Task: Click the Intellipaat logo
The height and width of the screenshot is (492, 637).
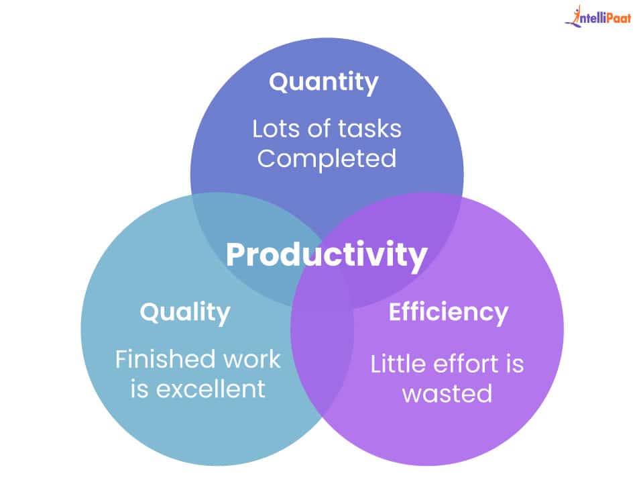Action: pyautogui.click(x=598, y=16)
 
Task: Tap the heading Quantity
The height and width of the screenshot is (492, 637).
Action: pyautogui.click(x=324, y=83)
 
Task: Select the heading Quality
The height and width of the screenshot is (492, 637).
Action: pyautogui.click(x=185, y=313)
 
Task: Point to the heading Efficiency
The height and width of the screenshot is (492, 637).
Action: pyautogui.click(x=449, y=312)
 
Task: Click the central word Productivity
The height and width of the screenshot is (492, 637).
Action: pyautogui.click(x=327, y=255)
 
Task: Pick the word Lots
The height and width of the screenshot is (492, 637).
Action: pyautogui.click(x=277, y=129)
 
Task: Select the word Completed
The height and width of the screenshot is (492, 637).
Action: pyautogui.click(x=327, y=159)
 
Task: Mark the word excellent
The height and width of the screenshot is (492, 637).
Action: pyautogui.click(x=211, y=389)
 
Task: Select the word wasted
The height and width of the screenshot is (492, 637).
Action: pyautogui.click(x=447, y=393)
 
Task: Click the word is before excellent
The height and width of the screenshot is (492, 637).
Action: pyautogui.click(x=139, y=389)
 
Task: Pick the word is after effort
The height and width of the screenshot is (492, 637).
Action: pyautogui.click(x=515, y=364)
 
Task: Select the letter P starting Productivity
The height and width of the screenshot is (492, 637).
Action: pyautogui.click(x=235, y=254)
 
